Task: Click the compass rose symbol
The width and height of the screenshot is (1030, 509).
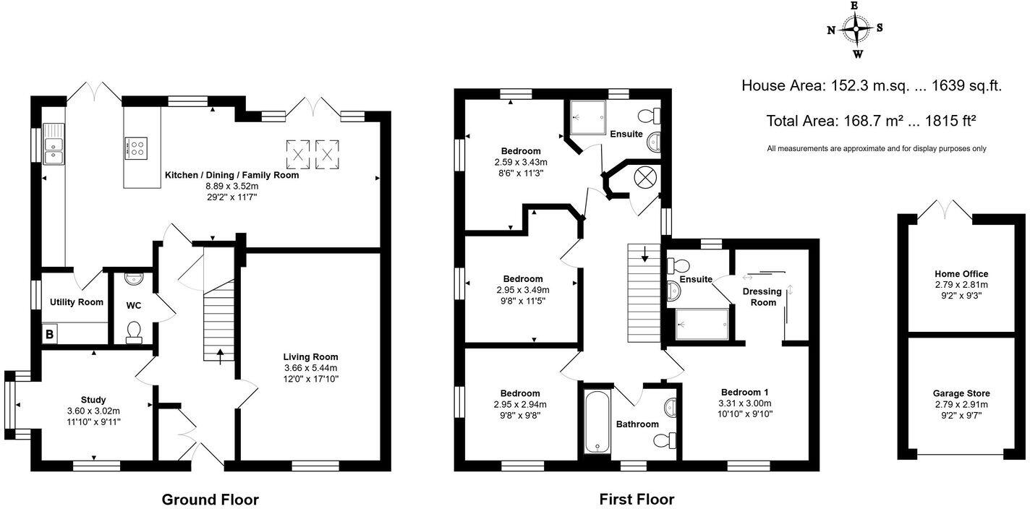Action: pos(856,30)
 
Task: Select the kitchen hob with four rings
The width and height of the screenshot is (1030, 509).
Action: pos(135,147)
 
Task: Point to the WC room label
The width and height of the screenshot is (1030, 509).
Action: pos(134,306)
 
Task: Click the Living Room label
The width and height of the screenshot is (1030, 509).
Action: pos(310,356)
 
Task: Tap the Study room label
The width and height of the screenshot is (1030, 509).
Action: pos(93,400)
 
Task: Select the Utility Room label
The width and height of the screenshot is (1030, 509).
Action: pos(76,302)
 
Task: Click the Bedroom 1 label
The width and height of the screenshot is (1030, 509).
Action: pos(745,392)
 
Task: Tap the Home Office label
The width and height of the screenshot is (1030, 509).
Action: pos(961,274)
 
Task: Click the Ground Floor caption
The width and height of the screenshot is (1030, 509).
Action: pos(210,499)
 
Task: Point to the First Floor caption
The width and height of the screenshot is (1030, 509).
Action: pos(637,499)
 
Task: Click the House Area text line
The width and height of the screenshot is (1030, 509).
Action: pos(871,85)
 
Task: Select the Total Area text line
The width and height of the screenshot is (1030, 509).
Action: pos(871,120)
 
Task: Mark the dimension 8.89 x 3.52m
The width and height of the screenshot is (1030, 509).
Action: pos(231,186)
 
